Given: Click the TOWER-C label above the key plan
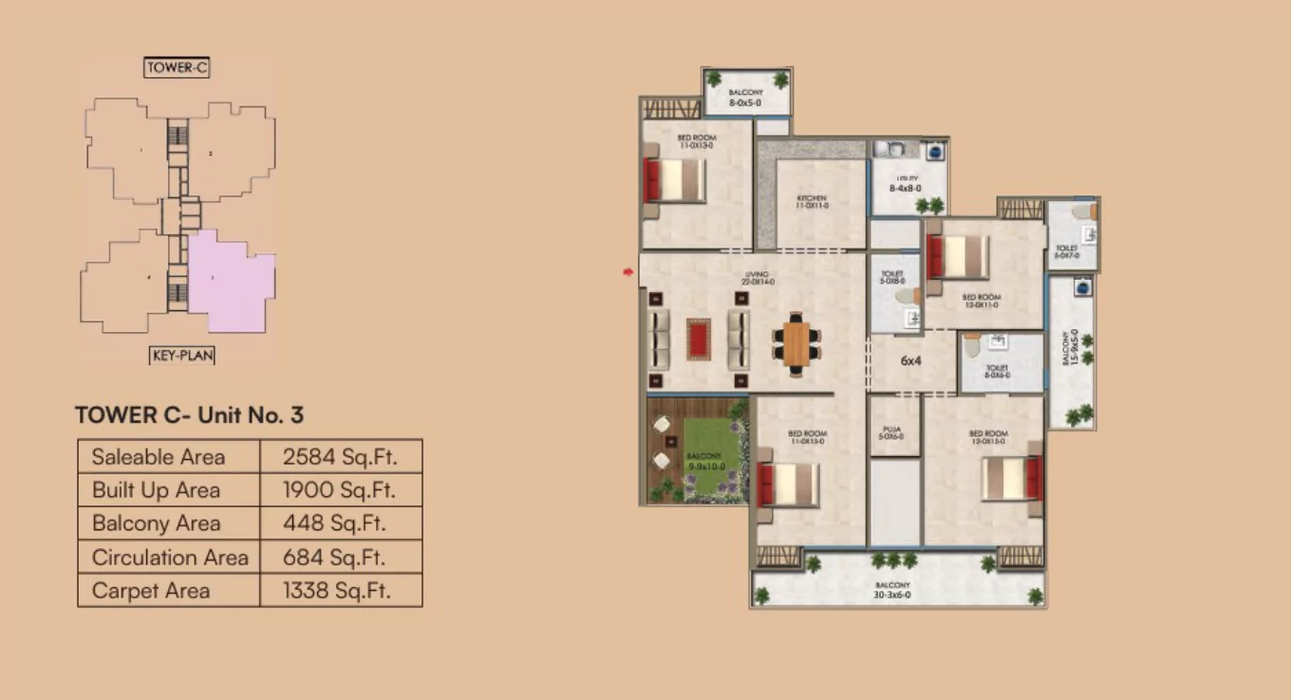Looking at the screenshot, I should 177,67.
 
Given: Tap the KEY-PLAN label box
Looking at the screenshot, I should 182,356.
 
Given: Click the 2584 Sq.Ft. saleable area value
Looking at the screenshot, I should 339,457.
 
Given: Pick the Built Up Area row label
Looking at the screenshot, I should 156,490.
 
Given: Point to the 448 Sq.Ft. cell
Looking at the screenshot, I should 339,524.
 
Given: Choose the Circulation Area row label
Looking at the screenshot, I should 170,557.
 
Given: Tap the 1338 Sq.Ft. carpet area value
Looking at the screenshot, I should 339,591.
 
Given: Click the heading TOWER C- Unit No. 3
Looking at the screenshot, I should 189,415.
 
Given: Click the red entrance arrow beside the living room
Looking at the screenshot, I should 627,273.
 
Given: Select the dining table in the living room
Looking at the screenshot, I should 795,341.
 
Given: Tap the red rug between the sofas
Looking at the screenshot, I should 699,339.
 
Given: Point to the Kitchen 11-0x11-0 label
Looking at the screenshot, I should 812,202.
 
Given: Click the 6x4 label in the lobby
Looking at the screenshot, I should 911,360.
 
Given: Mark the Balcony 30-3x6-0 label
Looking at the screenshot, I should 892,590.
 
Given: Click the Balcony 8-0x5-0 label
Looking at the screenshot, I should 745,97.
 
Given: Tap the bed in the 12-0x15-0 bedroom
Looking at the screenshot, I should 1012,478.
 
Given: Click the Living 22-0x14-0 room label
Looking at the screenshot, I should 758,279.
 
